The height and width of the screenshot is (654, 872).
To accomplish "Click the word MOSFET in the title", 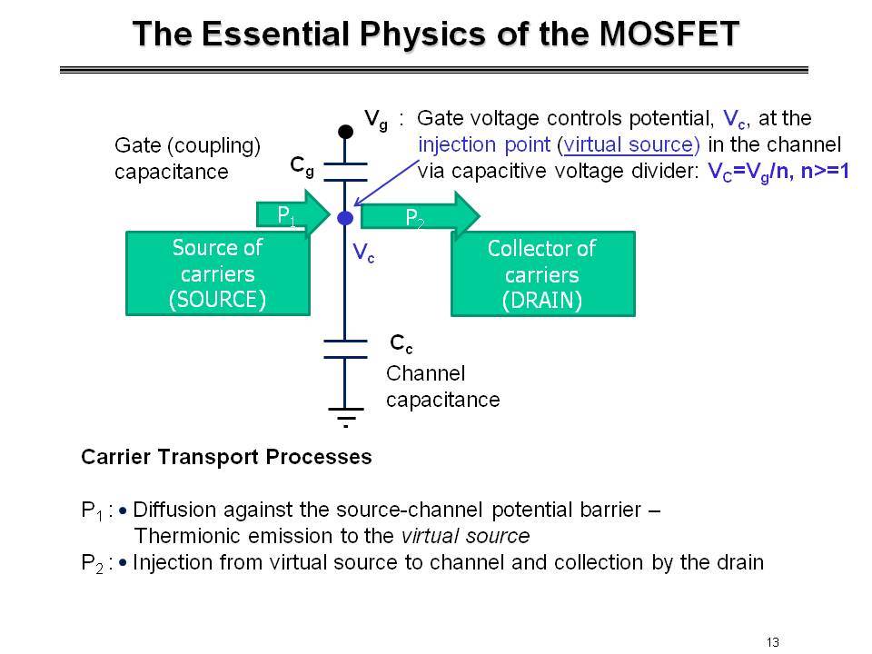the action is [669, 34].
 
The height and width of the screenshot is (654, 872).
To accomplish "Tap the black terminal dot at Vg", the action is [345, 132].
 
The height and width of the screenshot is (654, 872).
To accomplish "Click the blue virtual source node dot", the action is [345, 218].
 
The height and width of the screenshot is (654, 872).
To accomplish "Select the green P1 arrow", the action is [293, 214].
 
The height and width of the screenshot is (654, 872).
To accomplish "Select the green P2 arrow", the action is [421, 216].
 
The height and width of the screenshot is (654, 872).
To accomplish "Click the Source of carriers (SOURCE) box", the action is [217, 273].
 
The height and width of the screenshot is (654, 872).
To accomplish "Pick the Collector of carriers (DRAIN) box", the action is [543, 274].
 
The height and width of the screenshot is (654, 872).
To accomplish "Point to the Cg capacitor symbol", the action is [345, 172].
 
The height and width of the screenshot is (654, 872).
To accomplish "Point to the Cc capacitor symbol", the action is [345, 349].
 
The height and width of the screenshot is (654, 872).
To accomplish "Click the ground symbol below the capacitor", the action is [345, 417].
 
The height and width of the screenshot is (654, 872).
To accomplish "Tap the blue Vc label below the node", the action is [363, 253].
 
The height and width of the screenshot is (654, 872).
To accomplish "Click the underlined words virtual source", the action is [629, 144].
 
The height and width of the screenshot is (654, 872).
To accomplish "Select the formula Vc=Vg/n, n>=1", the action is [778, 172].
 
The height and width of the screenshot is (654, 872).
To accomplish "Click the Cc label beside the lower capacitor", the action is [401, 343].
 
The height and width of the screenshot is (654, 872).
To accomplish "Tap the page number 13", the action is [772, 642].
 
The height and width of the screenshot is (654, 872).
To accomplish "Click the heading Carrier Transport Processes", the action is [226, 457].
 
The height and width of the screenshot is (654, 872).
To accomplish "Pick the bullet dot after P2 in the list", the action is [123, 563].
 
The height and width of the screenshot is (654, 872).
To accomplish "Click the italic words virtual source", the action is [465, 536].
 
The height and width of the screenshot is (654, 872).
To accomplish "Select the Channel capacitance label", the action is [442, 387].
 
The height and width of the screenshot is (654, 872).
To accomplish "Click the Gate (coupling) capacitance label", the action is [187, 158].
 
